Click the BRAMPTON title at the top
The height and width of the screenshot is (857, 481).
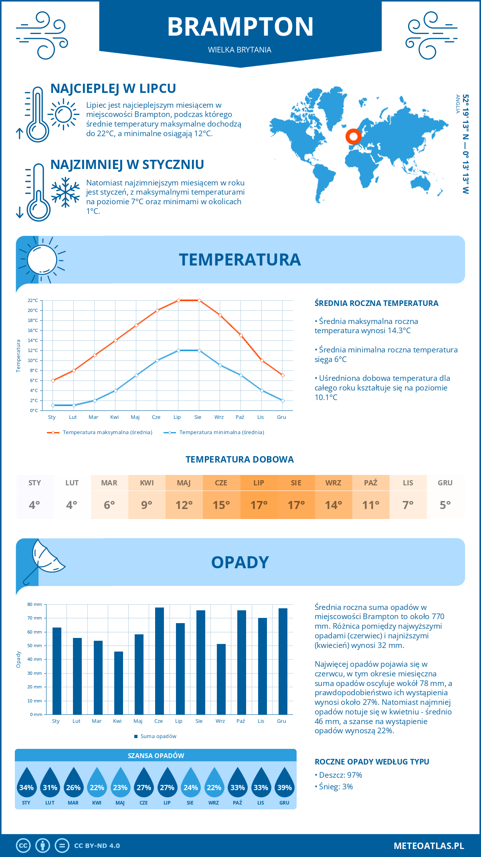(x=240, y=27)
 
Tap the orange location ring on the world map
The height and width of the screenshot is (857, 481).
(x=353, y=137)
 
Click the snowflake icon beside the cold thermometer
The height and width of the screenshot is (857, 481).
(x=65, y=192)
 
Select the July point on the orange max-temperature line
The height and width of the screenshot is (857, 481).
(x=178, y=300)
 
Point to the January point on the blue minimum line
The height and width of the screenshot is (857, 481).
(x=53, y=405)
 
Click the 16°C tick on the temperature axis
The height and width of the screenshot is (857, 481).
(x=33, y=330)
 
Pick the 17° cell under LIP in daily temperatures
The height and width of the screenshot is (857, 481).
(x=259, y=505)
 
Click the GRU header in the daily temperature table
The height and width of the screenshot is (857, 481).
(x=445, y=483)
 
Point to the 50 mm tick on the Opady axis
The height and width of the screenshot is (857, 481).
(x=35, y=646)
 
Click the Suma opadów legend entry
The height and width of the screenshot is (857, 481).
(x=158, y=736)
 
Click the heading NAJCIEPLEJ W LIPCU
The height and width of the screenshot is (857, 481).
(x=113, y=89)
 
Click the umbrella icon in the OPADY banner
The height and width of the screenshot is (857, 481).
(x=44, y=559)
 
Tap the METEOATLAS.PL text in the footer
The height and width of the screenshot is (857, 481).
(x=428, y=846)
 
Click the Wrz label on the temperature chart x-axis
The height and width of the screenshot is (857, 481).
(x=219, y=417)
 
